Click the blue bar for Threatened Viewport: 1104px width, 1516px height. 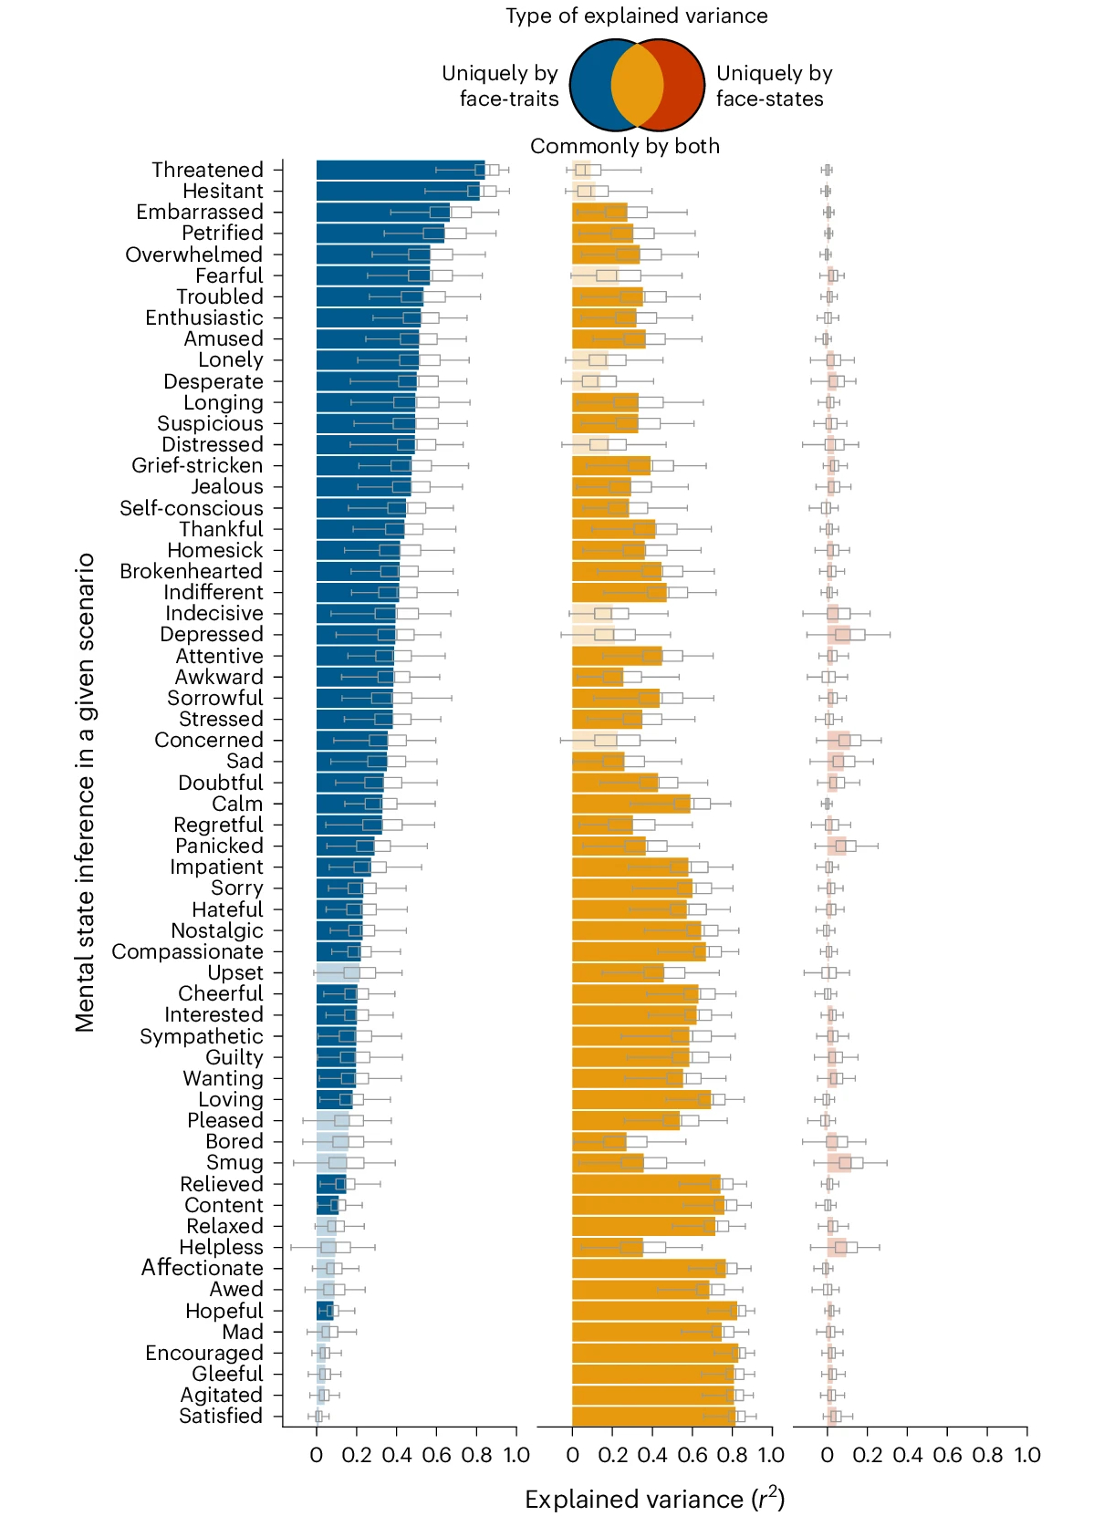pyautogui.click(x=400, y=170)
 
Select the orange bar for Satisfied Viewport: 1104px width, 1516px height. pyautogui.click(x=653, y=1417)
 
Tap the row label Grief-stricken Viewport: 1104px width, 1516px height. pyautogui.click(x=197, y=466)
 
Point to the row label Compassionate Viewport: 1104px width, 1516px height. pyautogui.click(x=187, y=952)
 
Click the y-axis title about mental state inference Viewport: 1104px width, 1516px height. pyautogui.click(x=86, y=792)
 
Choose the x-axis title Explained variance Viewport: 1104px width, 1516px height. pyautogui.click(x=654, y=1500)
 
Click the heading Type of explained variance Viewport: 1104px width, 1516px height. pyautogui.click(x=636, y=16)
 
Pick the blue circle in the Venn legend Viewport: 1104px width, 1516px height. pyautogui.click(x=591, y=85)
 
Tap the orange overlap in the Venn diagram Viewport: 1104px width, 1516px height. pyautogui.click(x=637, y=85)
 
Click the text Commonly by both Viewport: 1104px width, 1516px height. pyautogui.click(x=625, y=147)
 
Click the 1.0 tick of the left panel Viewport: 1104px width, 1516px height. pyautogui.click(x=516, y=1455)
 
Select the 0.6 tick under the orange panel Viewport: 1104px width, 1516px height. pyautogui.click(x=693, y=1455)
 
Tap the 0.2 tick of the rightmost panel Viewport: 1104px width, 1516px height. pyautogui.click(x=867, y=1455)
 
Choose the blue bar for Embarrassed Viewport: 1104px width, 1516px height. pyautogui.click(x=382, y=213)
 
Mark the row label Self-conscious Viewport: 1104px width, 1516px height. pyautogui.click(x=192, y=509)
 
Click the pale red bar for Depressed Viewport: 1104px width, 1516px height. pyautogui.click(x=838, y=635)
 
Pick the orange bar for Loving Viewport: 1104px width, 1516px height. pyautogui.click(x=641, y=1100)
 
